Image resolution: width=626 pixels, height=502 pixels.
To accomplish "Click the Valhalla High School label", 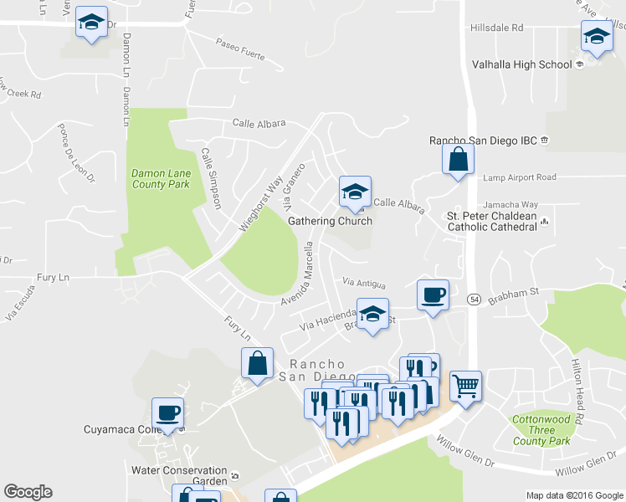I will coord(521,64).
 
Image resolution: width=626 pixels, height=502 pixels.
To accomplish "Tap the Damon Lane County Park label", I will coord(161,179).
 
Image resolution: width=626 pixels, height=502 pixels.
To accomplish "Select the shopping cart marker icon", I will coord(465,387).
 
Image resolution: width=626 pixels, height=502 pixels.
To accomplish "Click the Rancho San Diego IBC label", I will coord(484,140).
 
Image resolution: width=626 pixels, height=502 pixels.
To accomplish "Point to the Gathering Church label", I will coord(329,222).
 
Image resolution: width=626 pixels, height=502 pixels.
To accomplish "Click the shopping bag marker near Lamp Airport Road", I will coord(459,161).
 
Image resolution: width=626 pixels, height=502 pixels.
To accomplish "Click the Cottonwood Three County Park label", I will coord(541,430).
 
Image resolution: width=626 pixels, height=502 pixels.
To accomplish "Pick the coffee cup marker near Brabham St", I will coord(433,295).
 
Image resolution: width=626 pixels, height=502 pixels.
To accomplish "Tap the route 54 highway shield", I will coord(473,299).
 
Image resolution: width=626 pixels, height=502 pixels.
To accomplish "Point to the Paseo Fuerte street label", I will coord(239,50).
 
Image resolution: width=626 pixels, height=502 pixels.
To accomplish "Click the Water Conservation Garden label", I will coord(179,475).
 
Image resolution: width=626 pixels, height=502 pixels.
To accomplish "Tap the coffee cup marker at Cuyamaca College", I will coord(168,412).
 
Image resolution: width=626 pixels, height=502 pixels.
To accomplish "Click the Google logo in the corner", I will coord(28,492).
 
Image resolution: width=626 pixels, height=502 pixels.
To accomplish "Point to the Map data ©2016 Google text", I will coord(574,495).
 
